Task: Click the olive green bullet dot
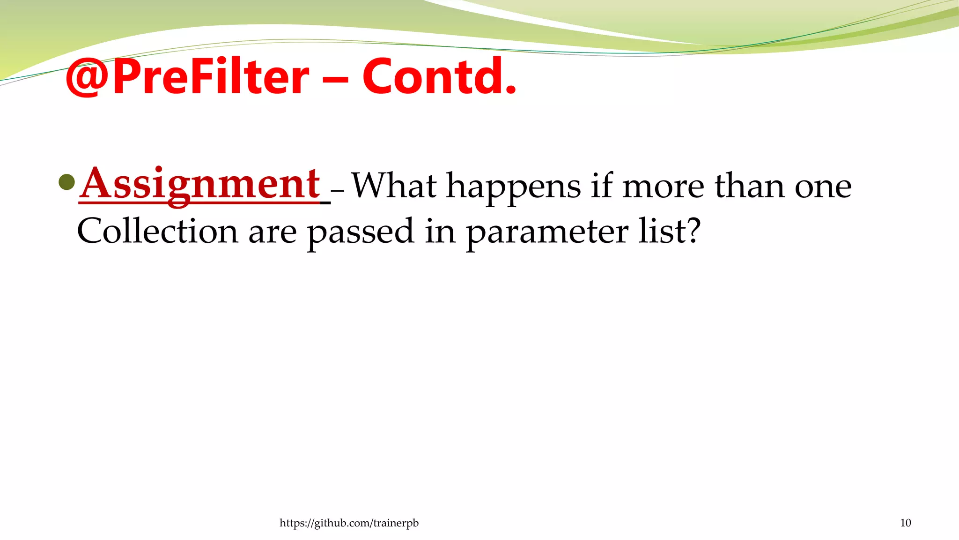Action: (x=67, y=182)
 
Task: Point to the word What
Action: (x=394, y=186)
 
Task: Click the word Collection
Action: (x=157, y=231)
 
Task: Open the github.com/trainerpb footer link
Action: (x=349, y=523)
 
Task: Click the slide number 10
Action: (x=905, y=523)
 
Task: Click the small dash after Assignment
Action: (x=337, y=191)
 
